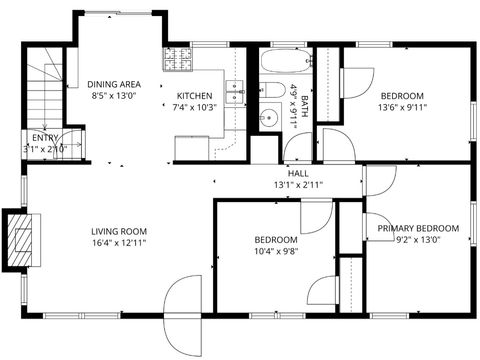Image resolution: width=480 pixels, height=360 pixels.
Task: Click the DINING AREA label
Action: (114, 84)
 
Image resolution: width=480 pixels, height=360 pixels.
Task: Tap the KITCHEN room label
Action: (195, 95)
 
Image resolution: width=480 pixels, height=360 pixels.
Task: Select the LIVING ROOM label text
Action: (113, 231)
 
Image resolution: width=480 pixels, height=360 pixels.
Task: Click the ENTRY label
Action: (45, 138)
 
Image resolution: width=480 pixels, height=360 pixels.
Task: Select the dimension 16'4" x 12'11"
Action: (113, 243)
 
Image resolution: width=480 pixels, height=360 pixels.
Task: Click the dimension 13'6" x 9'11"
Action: (401, 107)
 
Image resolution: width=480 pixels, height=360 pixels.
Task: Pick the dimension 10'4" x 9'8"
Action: (275, 251)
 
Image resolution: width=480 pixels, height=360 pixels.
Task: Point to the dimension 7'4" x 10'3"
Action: (195, 107)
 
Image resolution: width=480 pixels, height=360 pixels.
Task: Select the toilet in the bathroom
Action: (271, 93)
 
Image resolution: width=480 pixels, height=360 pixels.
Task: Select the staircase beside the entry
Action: (44, 90)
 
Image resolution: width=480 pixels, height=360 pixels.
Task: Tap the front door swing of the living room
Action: (184, 297)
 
